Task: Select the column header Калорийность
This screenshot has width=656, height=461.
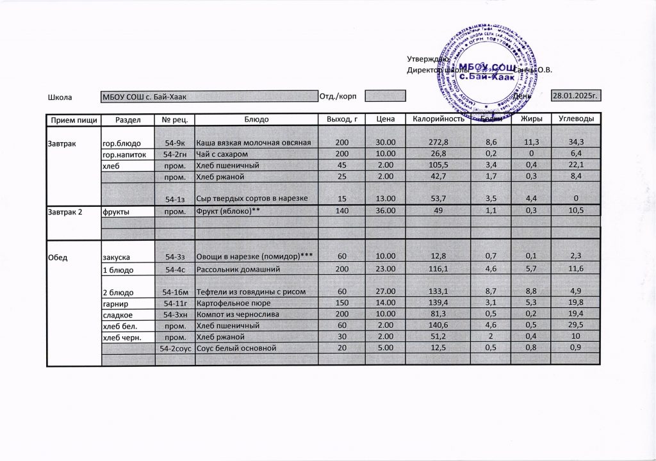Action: pos(438,120)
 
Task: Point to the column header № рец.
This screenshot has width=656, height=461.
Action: pos(175,120)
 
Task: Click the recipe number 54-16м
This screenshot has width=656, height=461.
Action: pos(175,292)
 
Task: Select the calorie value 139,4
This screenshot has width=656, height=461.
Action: pos(438,303)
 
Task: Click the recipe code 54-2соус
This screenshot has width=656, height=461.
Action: pos(175,348)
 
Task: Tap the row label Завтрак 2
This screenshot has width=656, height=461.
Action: pos(63,210)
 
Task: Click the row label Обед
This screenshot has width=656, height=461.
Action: pos(58,257)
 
